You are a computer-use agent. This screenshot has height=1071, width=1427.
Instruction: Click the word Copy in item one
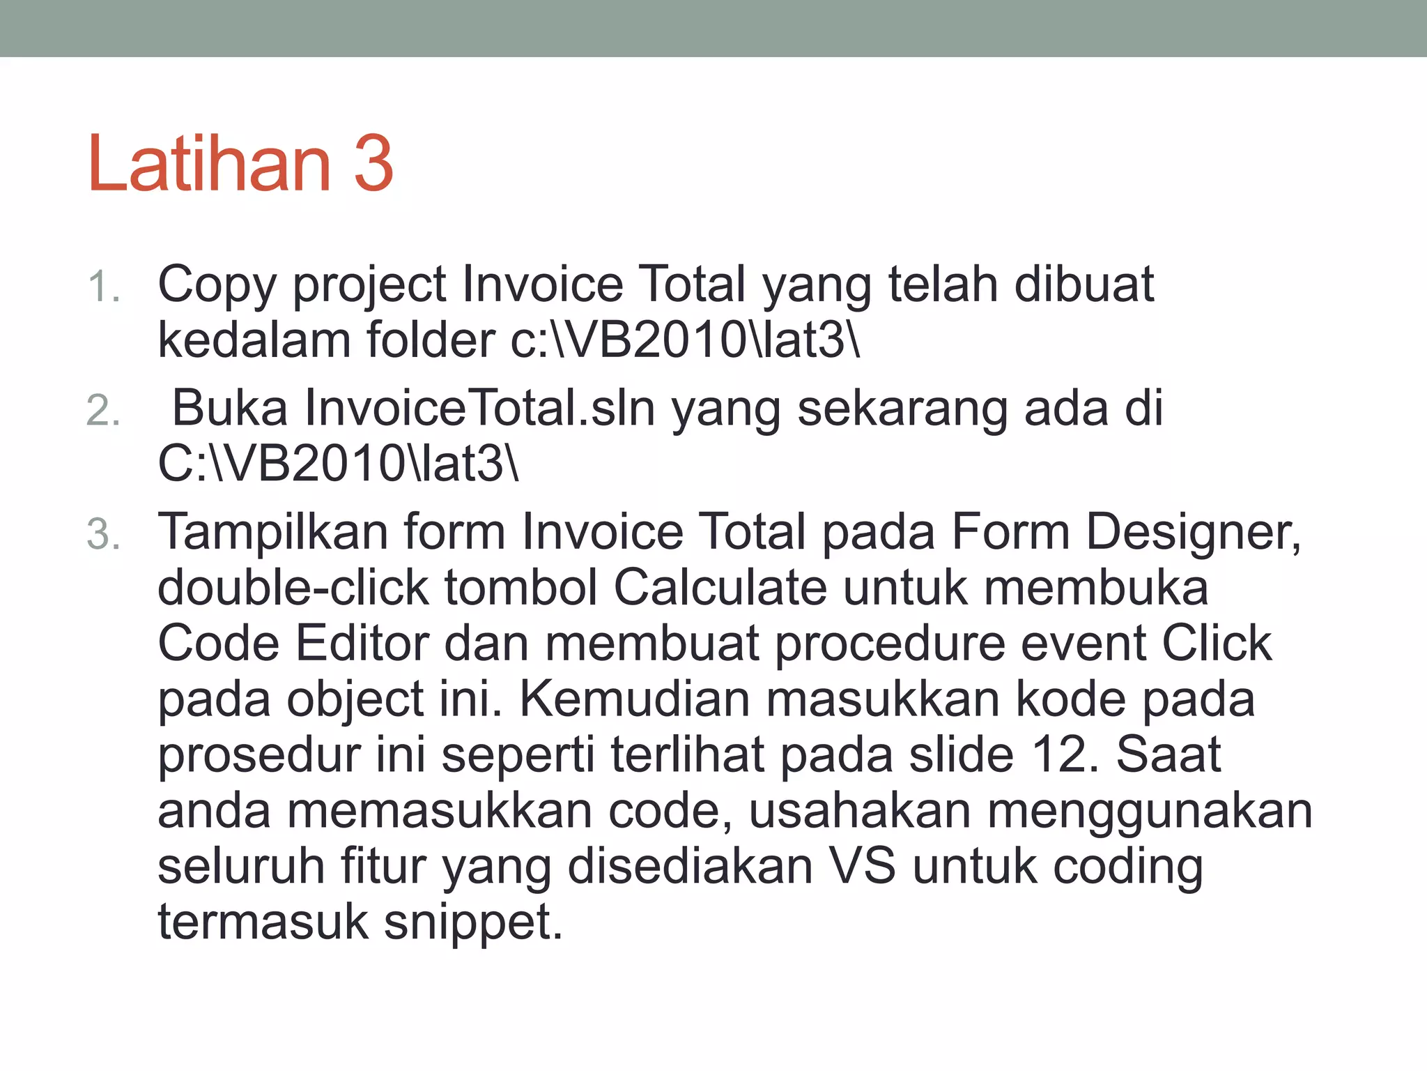tap(217, 286)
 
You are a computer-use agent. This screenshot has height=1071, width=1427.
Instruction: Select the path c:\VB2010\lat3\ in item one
tap(685, 340)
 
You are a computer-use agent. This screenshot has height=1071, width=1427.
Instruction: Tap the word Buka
tap(229, 409)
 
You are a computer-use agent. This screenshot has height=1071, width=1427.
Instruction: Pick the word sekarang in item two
tap(902, 409)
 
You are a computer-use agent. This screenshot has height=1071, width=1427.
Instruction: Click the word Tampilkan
tap(272, 532)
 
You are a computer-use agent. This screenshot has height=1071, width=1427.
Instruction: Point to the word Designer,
tap(1193, 533)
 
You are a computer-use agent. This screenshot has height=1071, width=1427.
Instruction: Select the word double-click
tap(293, 588)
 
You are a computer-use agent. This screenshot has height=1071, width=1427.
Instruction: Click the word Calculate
tap(720, 588)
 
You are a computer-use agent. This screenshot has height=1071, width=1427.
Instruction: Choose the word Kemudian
tap(634, 699)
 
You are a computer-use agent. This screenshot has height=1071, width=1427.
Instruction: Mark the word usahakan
tap(859, 811)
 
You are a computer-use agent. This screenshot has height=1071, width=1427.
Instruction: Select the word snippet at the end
tap(472, 922)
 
